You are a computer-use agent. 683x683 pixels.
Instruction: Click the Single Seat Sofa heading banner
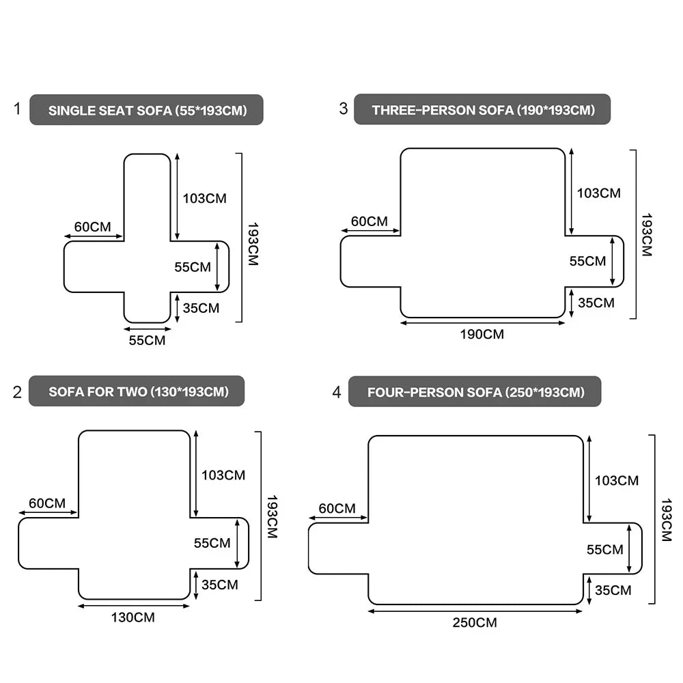point(147,110)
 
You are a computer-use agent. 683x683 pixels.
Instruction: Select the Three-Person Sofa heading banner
point(482,109)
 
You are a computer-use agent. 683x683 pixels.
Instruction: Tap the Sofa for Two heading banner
point(137,391)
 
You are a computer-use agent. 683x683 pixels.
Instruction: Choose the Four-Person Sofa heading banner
point(475,392)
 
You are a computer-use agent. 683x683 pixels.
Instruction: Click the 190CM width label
point(482,334)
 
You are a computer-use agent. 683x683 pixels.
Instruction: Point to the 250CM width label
point(475,622)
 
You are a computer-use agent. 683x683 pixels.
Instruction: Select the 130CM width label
point(133,617)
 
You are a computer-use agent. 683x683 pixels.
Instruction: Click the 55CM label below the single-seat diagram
point(147,339)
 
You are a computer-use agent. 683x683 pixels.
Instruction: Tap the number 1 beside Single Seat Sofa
point(17,109)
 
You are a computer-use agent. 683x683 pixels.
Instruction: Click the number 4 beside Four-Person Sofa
point(336,392)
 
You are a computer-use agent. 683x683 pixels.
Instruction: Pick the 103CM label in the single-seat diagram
point(204,199)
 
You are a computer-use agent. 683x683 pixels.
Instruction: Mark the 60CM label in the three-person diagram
point(370,221)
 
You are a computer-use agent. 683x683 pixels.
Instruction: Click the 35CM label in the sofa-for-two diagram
point(220,585)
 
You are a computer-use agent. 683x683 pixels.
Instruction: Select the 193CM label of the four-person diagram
point(667,520)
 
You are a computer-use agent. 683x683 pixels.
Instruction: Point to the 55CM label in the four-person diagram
point(605,549)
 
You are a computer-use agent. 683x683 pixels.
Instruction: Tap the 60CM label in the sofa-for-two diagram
point(47,503)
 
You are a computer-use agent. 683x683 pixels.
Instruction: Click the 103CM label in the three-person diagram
point(599,193)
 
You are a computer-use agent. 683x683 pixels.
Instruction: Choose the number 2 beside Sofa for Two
point(17,392)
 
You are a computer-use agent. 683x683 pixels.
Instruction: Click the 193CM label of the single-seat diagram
point(253,244)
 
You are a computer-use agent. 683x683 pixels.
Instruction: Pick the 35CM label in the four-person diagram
point(613,590)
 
